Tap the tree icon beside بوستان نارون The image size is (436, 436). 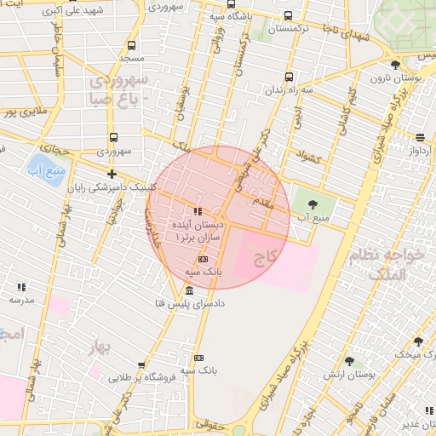(393, 65)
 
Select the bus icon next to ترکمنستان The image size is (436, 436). (289, 15)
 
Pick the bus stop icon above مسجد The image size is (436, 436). (130, 46)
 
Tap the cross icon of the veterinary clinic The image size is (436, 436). (112, 174)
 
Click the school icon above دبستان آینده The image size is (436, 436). (198, 211)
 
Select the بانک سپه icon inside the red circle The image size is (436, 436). (203, 258)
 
